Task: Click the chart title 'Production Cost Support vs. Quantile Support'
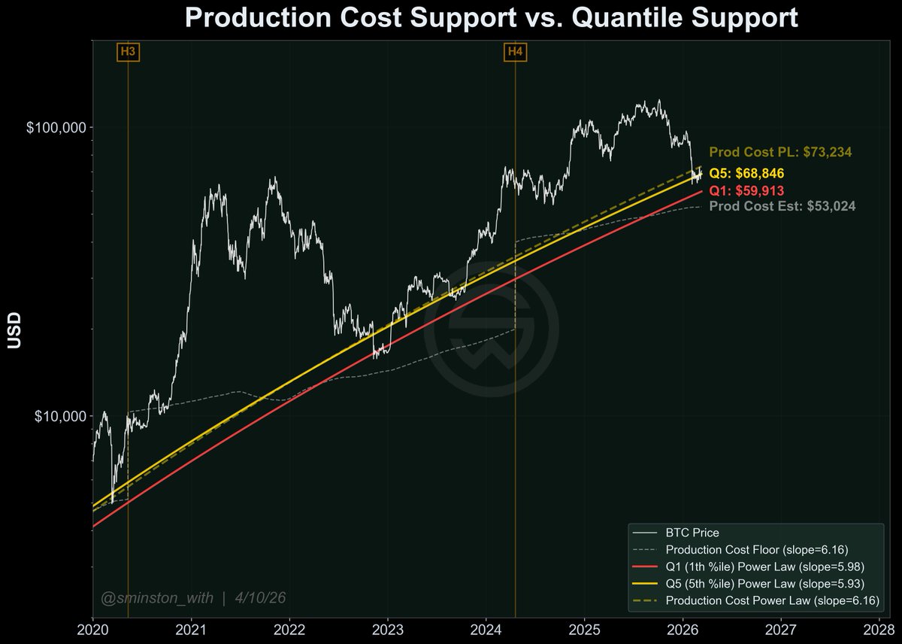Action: click(491, 18)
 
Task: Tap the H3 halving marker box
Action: click(128, 52)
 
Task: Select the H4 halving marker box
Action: click(515, 52)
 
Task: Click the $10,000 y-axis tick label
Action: click(59, 416)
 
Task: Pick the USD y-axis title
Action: click(14, 331)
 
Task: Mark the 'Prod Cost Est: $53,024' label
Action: click(782, 205)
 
